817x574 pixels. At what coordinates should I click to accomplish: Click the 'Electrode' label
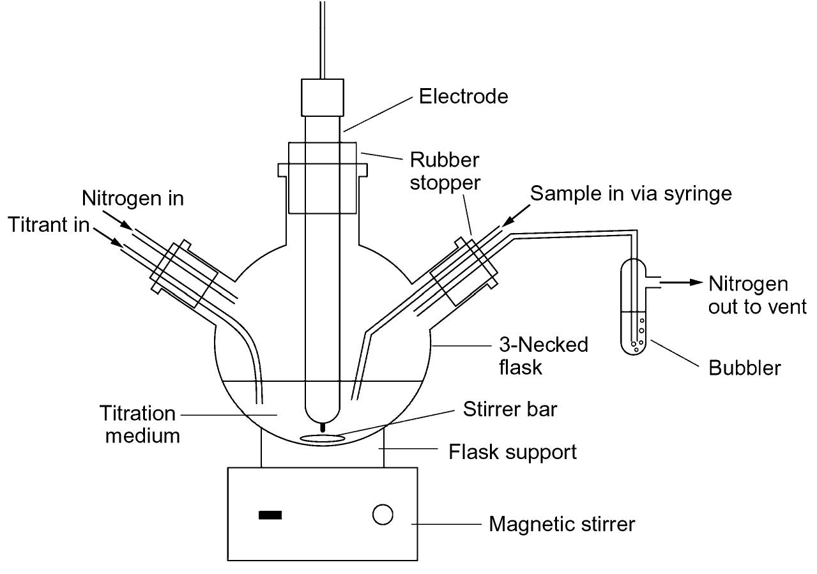tap(463, 96)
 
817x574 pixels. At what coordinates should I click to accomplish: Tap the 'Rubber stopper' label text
tap(445, 170)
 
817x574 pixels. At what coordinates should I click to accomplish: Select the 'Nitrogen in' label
tap(133, 199)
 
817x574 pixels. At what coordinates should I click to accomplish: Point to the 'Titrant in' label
tap(49, 225)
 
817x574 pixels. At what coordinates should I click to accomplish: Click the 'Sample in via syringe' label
tap(631, 193)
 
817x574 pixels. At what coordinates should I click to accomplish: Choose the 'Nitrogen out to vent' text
tap(756, 295)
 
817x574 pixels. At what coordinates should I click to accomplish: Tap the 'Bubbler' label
tap(744, 368)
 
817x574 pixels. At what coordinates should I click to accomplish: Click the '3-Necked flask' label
tap(543, 356)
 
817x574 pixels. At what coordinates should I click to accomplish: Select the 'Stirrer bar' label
tap(510, 409)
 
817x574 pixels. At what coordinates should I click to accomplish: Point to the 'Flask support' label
tap(512, 452)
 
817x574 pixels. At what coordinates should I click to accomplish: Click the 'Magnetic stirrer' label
tap(561, 524)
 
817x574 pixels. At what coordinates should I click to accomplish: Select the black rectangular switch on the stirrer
tap(270, 515)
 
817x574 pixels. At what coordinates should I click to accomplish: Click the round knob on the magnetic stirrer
tap(383, 515)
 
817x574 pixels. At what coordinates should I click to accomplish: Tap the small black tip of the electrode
tap(323, 427)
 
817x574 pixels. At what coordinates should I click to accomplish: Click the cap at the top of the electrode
tap(323, 96)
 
